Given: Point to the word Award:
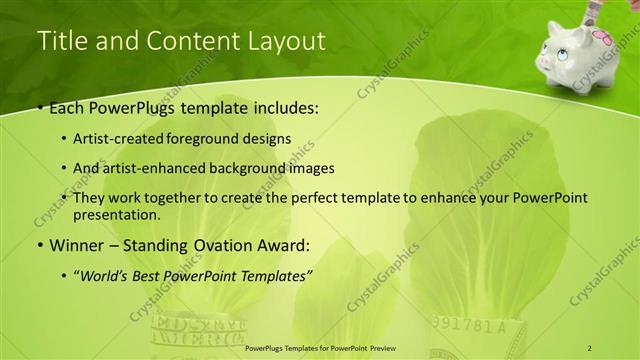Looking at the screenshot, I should click(x=286, y=245).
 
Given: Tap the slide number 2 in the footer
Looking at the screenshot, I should click(x=590, y=347).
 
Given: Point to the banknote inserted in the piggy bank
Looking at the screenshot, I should click(x=599, y=11).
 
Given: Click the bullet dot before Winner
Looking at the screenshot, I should click(x=39, y=245).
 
